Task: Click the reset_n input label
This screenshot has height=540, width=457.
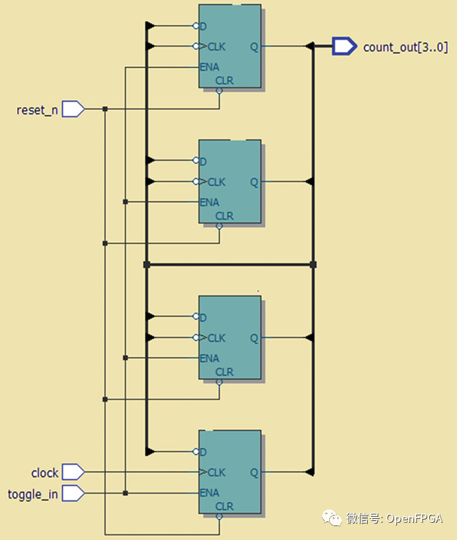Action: pos(36,110)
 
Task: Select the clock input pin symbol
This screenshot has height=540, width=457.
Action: pos(73,472)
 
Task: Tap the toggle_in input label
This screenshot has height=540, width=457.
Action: pos(32,494)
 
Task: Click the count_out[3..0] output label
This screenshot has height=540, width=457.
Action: pos(405,47)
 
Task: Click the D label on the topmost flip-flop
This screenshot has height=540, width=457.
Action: pos(203,26)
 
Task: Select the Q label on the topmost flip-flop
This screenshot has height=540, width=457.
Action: pos(254,47)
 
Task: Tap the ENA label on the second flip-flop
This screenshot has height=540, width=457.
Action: pos(210,202)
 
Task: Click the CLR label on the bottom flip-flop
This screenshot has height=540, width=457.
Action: pos(224,507)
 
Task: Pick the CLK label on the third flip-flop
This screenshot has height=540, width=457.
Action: pos(216,338)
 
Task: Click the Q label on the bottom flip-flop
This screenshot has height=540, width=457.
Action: pos(254,473)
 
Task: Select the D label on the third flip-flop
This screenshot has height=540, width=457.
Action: pos(203,317)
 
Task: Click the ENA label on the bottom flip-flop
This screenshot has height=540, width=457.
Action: pos(210,493)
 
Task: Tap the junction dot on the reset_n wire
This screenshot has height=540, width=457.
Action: pos(105,109)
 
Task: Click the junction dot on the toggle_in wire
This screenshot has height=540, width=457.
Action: pos(126,493)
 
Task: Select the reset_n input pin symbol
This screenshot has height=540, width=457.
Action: pos(73,109)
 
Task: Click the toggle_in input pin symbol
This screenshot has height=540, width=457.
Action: pos(73,493)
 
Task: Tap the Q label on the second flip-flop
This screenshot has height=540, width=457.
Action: pos(254,182)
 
